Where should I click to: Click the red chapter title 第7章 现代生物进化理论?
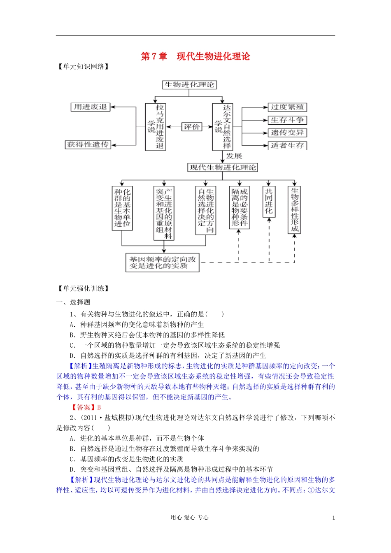click(195, 56)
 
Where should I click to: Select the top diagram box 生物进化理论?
click(189, 85)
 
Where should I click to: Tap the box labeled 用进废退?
click(90, 107)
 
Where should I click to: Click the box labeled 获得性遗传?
click(88, 144)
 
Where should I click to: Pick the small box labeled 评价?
click(191, 127)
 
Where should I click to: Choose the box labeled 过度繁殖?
click(287, 107)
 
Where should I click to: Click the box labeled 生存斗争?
click(287, 120)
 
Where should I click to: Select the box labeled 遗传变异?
click(287, 132)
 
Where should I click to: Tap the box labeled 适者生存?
click(287, 145)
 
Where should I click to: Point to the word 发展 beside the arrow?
click(234, 156)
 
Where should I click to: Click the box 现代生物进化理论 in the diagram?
click(223, 167)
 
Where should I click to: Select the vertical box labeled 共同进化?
click(269, 201)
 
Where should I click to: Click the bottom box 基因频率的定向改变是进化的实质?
click(162, 263)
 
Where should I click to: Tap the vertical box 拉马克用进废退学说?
click(156, 127)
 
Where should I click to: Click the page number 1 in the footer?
click(333, 518)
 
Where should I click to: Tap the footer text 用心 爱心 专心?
click(190, 518)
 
